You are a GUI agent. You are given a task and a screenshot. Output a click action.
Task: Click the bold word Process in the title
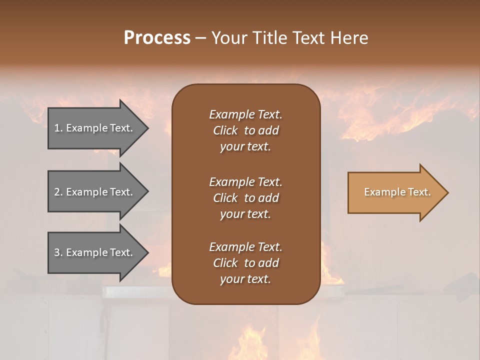point(157,37)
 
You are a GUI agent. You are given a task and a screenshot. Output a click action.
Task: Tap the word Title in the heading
point(269,37)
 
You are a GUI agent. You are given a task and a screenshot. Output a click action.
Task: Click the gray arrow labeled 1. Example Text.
point(95,128)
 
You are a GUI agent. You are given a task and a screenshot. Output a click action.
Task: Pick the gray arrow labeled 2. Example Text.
point(95,192)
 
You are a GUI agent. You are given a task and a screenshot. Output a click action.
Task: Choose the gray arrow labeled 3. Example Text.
point(95,252)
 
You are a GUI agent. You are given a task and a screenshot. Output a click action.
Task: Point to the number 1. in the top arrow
point(58,128)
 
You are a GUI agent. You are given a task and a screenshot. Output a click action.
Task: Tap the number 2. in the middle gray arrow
point(58,192)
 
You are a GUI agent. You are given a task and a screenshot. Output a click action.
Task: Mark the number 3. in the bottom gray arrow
point(58,252)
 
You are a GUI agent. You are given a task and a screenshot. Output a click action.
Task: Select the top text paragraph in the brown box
point(245,130)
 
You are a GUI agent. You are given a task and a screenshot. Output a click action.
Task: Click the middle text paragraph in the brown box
point(245,198)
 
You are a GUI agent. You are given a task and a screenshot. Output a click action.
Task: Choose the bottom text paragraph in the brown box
point(245,263)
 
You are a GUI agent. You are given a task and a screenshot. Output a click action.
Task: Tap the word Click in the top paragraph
point(225,130)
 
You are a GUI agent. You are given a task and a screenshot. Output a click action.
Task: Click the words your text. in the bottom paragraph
point(245,279)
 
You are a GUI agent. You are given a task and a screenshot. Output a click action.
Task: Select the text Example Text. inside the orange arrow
point(397,192)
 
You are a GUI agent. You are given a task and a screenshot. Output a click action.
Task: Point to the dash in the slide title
point(201,38)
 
